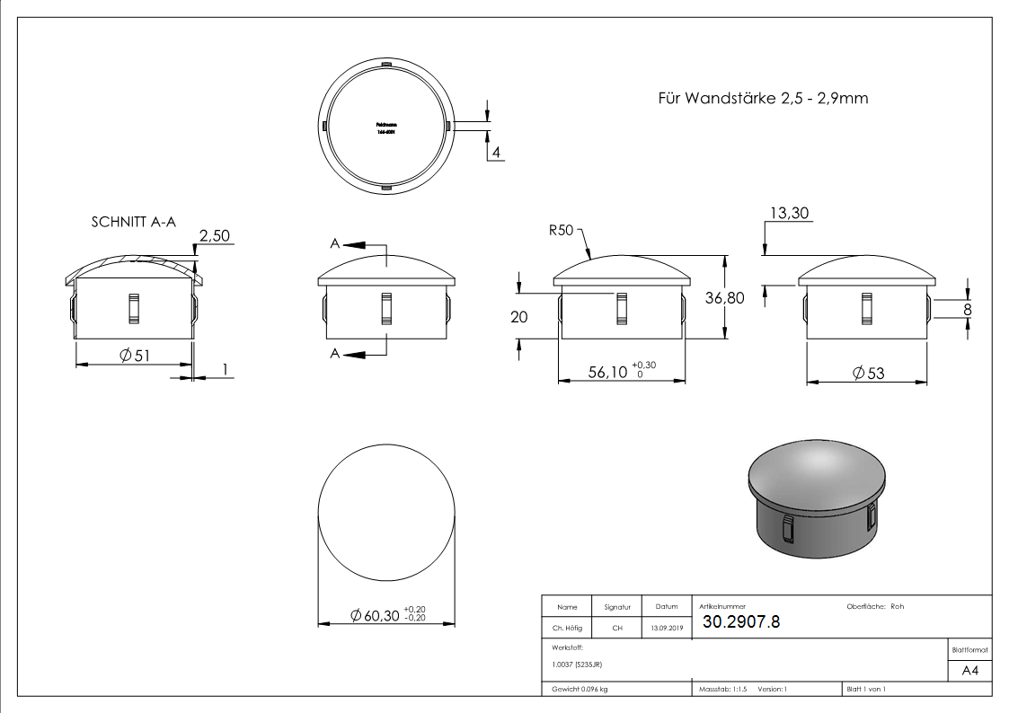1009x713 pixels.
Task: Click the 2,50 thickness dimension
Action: point(216,236)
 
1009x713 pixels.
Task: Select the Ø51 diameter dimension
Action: point(134,355)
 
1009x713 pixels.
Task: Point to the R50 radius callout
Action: point(561,230)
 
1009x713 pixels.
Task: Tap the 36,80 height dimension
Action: point(724,299)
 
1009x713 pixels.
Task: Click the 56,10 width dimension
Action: point(608,372)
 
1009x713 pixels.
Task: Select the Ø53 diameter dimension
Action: point(867,373)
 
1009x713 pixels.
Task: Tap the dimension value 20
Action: point(518,316)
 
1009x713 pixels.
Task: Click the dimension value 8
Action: point(967,309)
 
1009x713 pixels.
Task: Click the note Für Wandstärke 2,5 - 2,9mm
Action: point(763,98)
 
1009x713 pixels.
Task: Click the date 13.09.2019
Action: point(667,628)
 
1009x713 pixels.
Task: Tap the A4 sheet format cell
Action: point(969,670)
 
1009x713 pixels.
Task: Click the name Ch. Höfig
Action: point(566,628)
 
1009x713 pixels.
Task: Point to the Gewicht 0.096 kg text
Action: point(580,689)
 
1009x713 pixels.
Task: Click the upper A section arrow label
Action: point(335,243)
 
